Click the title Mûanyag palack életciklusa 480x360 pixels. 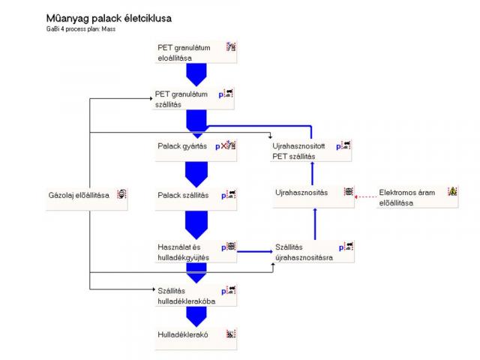click(109, 19)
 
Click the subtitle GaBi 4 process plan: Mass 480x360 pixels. click(81, 29)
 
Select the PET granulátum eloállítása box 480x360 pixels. click(196, 52)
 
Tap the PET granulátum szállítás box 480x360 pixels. click(193, 98)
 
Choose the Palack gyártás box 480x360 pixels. click(196, 150)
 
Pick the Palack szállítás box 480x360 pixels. click(196, 199)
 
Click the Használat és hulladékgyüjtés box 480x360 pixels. click(196, 251)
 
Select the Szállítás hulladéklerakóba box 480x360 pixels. click(196, 295)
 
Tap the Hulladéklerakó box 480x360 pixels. click(196, 338)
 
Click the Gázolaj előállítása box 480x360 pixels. click(87, 199)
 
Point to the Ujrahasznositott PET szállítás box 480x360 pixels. click(310, 150)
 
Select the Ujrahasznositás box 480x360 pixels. click(313, 196)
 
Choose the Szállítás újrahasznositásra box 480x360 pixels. click(313, 251)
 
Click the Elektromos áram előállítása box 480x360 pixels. click(417, 196)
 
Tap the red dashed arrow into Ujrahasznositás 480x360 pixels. click(365, 196)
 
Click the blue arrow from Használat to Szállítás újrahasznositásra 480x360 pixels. click(255, 252)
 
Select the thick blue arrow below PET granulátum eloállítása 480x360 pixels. click(196, 75)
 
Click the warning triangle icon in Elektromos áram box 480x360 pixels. click(452, 192)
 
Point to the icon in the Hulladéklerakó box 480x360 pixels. click(231, 334)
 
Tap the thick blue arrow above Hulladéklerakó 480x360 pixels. click(196, 316)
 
